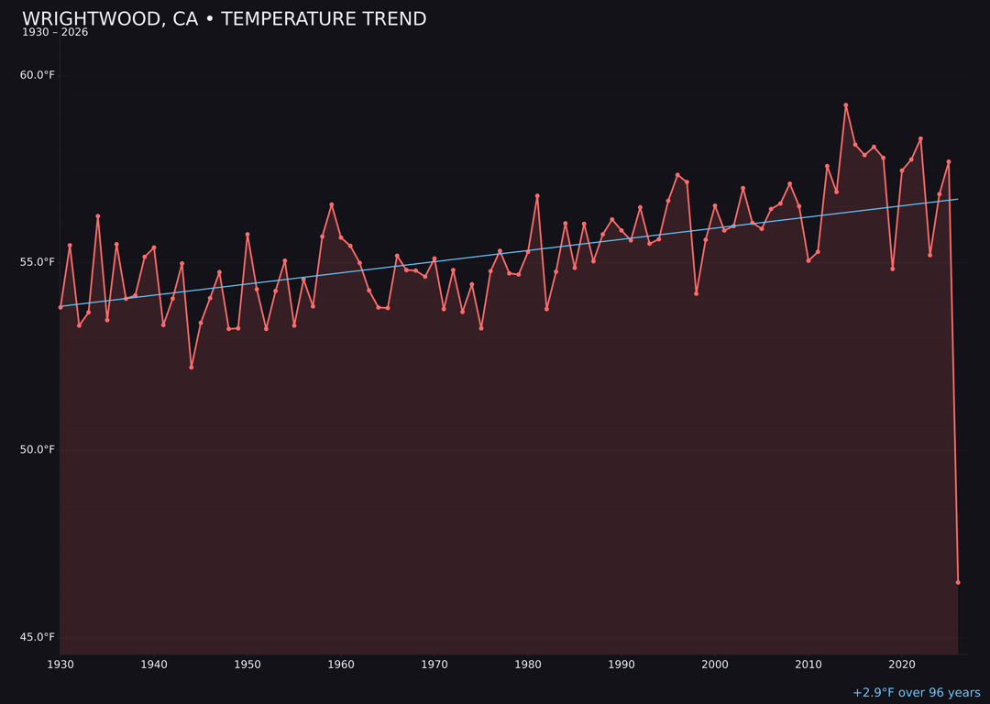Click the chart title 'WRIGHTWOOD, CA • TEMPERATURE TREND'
click(224, 19)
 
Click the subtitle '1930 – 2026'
click(55, 33)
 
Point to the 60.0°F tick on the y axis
click(38, 75)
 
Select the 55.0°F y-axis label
click(38, 262)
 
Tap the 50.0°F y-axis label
click(38, 450)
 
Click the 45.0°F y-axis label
click(38, 637)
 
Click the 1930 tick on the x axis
click(60, 665)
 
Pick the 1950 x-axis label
click(247, 665)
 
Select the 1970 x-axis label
click(434, 665)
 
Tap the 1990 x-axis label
click(621, 665)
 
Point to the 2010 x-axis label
click(808, 665)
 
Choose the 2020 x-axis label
click(902, 665)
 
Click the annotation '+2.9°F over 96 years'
click(916, 693)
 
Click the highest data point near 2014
click(846, 105)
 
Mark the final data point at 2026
click(958, 582)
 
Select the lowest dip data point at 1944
click(192, 367)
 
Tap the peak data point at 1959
click(332, 204)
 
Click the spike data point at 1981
click(537, 196)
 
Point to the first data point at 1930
click(60, 307)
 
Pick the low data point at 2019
click(893, 269)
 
